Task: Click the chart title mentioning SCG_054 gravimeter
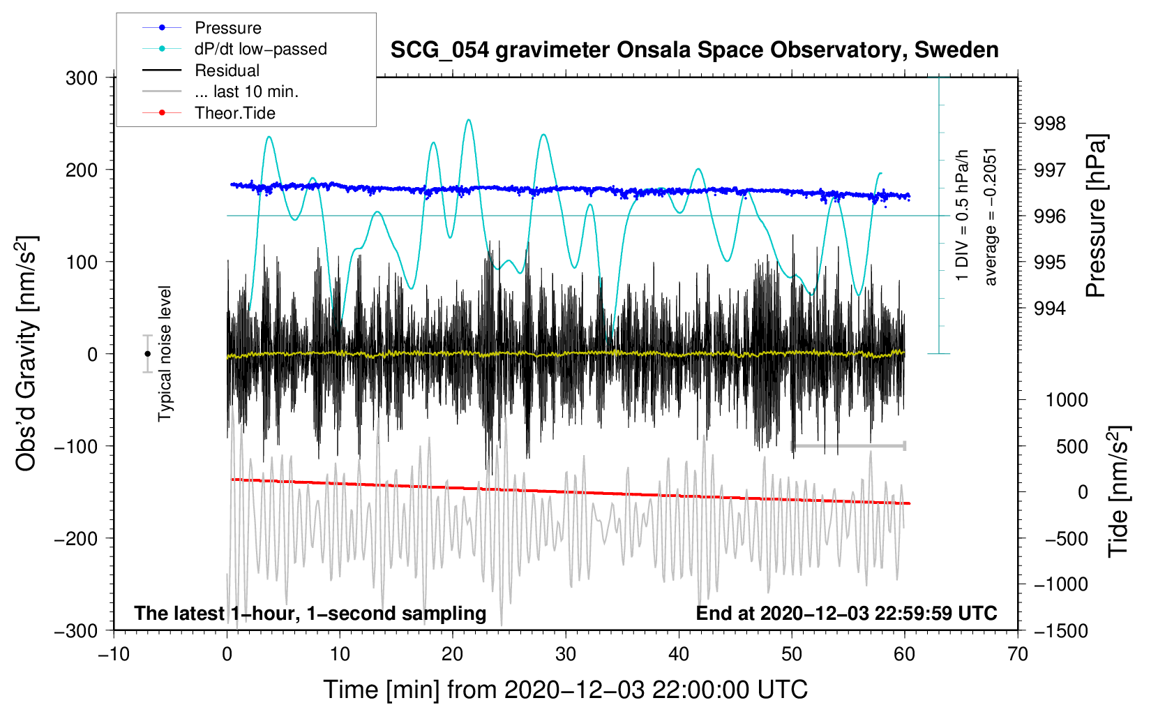[694, 50]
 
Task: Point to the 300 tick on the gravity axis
[82, 78]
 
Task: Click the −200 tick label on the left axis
[77, 539]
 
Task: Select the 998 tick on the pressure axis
[1049, 124]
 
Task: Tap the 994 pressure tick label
[1049, 309]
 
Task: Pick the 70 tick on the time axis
[1017, 654]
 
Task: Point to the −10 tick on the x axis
[114, 654]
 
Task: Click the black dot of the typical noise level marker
[147, 354]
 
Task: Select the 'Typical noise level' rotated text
[165, 354]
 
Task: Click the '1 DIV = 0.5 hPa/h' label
[961, 216]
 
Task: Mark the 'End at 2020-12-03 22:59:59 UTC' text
[846, 613]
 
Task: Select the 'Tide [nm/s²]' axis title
[1118, 491]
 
